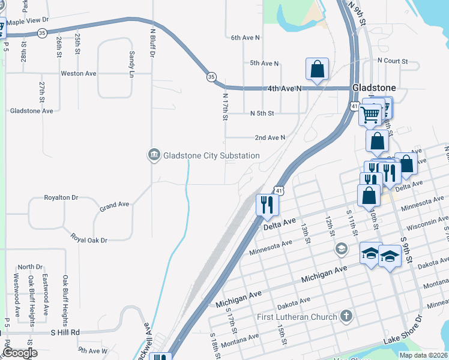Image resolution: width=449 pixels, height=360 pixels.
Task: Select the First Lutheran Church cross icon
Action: [346, 316]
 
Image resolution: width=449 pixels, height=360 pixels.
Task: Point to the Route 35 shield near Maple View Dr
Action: [42, 33]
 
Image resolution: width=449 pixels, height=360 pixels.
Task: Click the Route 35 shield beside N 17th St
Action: [211, 77]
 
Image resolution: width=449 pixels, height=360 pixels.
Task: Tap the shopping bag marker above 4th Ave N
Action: [318, 69]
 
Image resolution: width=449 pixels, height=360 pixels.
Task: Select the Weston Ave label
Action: [78, 74]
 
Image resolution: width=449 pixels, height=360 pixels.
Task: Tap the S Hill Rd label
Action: [65, 332]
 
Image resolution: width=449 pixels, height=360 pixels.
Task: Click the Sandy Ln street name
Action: [132, 64]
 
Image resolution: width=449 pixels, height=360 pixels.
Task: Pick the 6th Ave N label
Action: [246, 37]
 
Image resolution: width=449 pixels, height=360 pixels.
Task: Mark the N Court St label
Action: [393, 61]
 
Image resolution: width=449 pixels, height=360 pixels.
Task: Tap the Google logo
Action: [20, 353]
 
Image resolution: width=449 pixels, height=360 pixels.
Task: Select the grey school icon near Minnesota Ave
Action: [341, 248]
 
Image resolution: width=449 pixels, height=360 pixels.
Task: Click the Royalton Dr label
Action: [61, 197]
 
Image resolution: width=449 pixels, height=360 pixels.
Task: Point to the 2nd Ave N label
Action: [270, 137]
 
